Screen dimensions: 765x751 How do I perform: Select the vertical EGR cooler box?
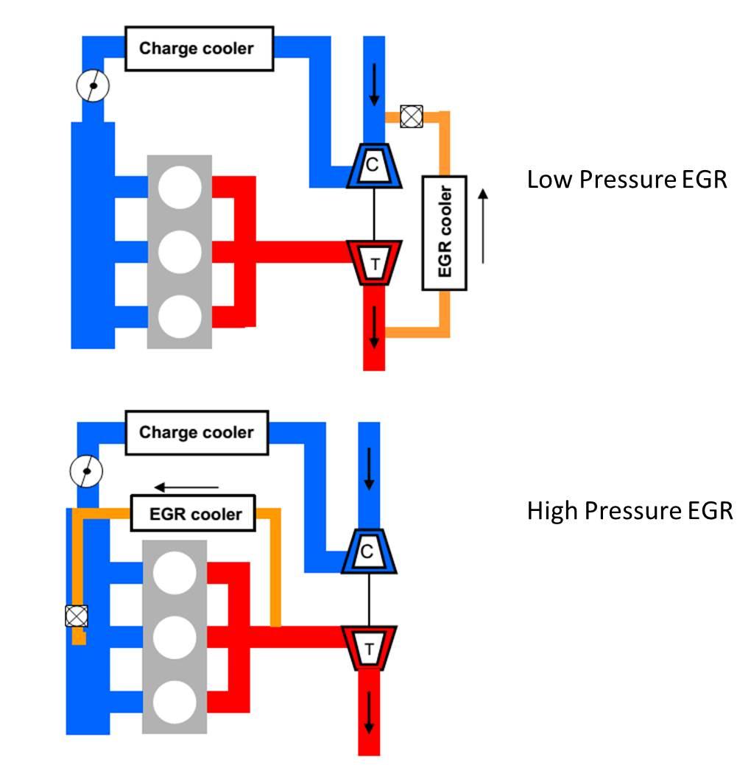[444, 232]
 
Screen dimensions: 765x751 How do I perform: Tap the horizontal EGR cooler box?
[195, 513]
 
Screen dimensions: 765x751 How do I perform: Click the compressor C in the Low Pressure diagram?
[373, 166]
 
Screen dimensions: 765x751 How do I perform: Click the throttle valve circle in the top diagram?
[93, 86]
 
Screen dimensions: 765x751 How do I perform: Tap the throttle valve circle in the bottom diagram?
[86, 470]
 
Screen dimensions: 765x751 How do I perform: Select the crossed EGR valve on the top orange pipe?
[410, 116]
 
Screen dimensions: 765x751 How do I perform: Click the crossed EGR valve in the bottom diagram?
[76, 616]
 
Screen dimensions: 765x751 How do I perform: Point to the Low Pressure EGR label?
[627, 180]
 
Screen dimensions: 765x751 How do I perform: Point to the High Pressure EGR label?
[630, 510]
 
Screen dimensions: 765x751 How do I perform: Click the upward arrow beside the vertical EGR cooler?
[482, 225]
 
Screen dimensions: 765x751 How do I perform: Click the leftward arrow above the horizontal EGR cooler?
[186, 487]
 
